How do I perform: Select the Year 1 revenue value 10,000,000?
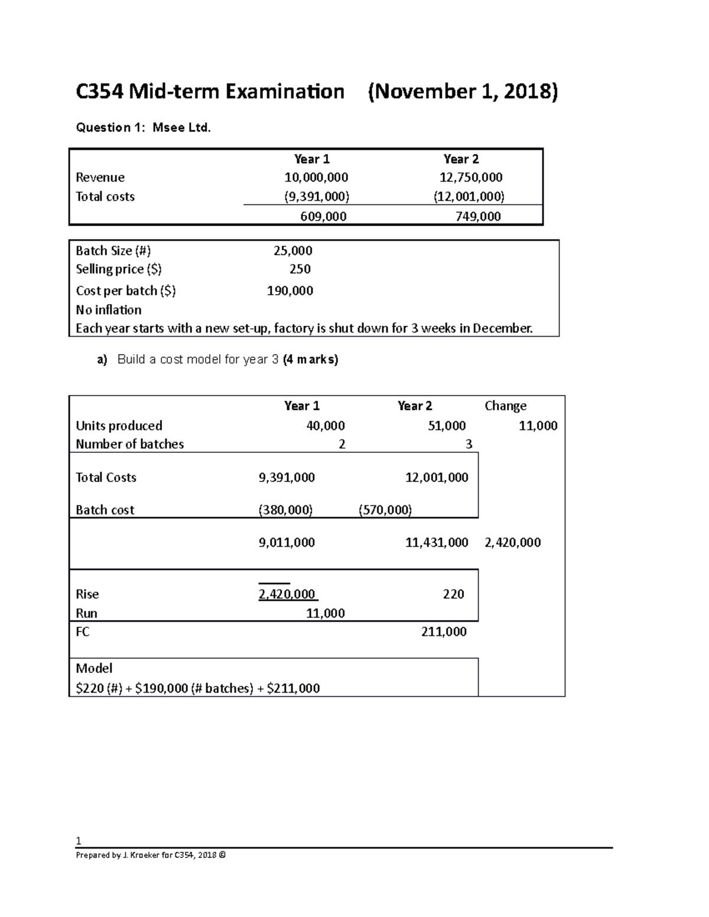[316, 178]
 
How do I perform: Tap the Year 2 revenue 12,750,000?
[471, 178]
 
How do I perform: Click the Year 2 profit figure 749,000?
[478, 217]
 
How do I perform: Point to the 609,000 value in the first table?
[323, 217]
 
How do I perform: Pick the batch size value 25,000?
[293, 251]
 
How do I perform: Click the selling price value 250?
[300, 269]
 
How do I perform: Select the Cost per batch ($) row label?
[126, 291]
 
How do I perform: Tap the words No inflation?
[109, 310]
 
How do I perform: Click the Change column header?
[505, 406]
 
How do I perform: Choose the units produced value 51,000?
[447, 426]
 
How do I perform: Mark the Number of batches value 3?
[469, 444]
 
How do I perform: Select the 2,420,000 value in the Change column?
[512, 543]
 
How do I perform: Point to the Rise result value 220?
[453, 594]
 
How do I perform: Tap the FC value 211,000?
[444, 632]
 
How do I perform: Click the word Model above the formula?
[94, 668]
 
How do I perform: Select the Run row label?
[86, 613]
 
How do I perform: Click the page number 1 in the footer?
[78, 841]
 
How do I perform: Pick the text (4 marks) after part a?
[310, 360]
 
